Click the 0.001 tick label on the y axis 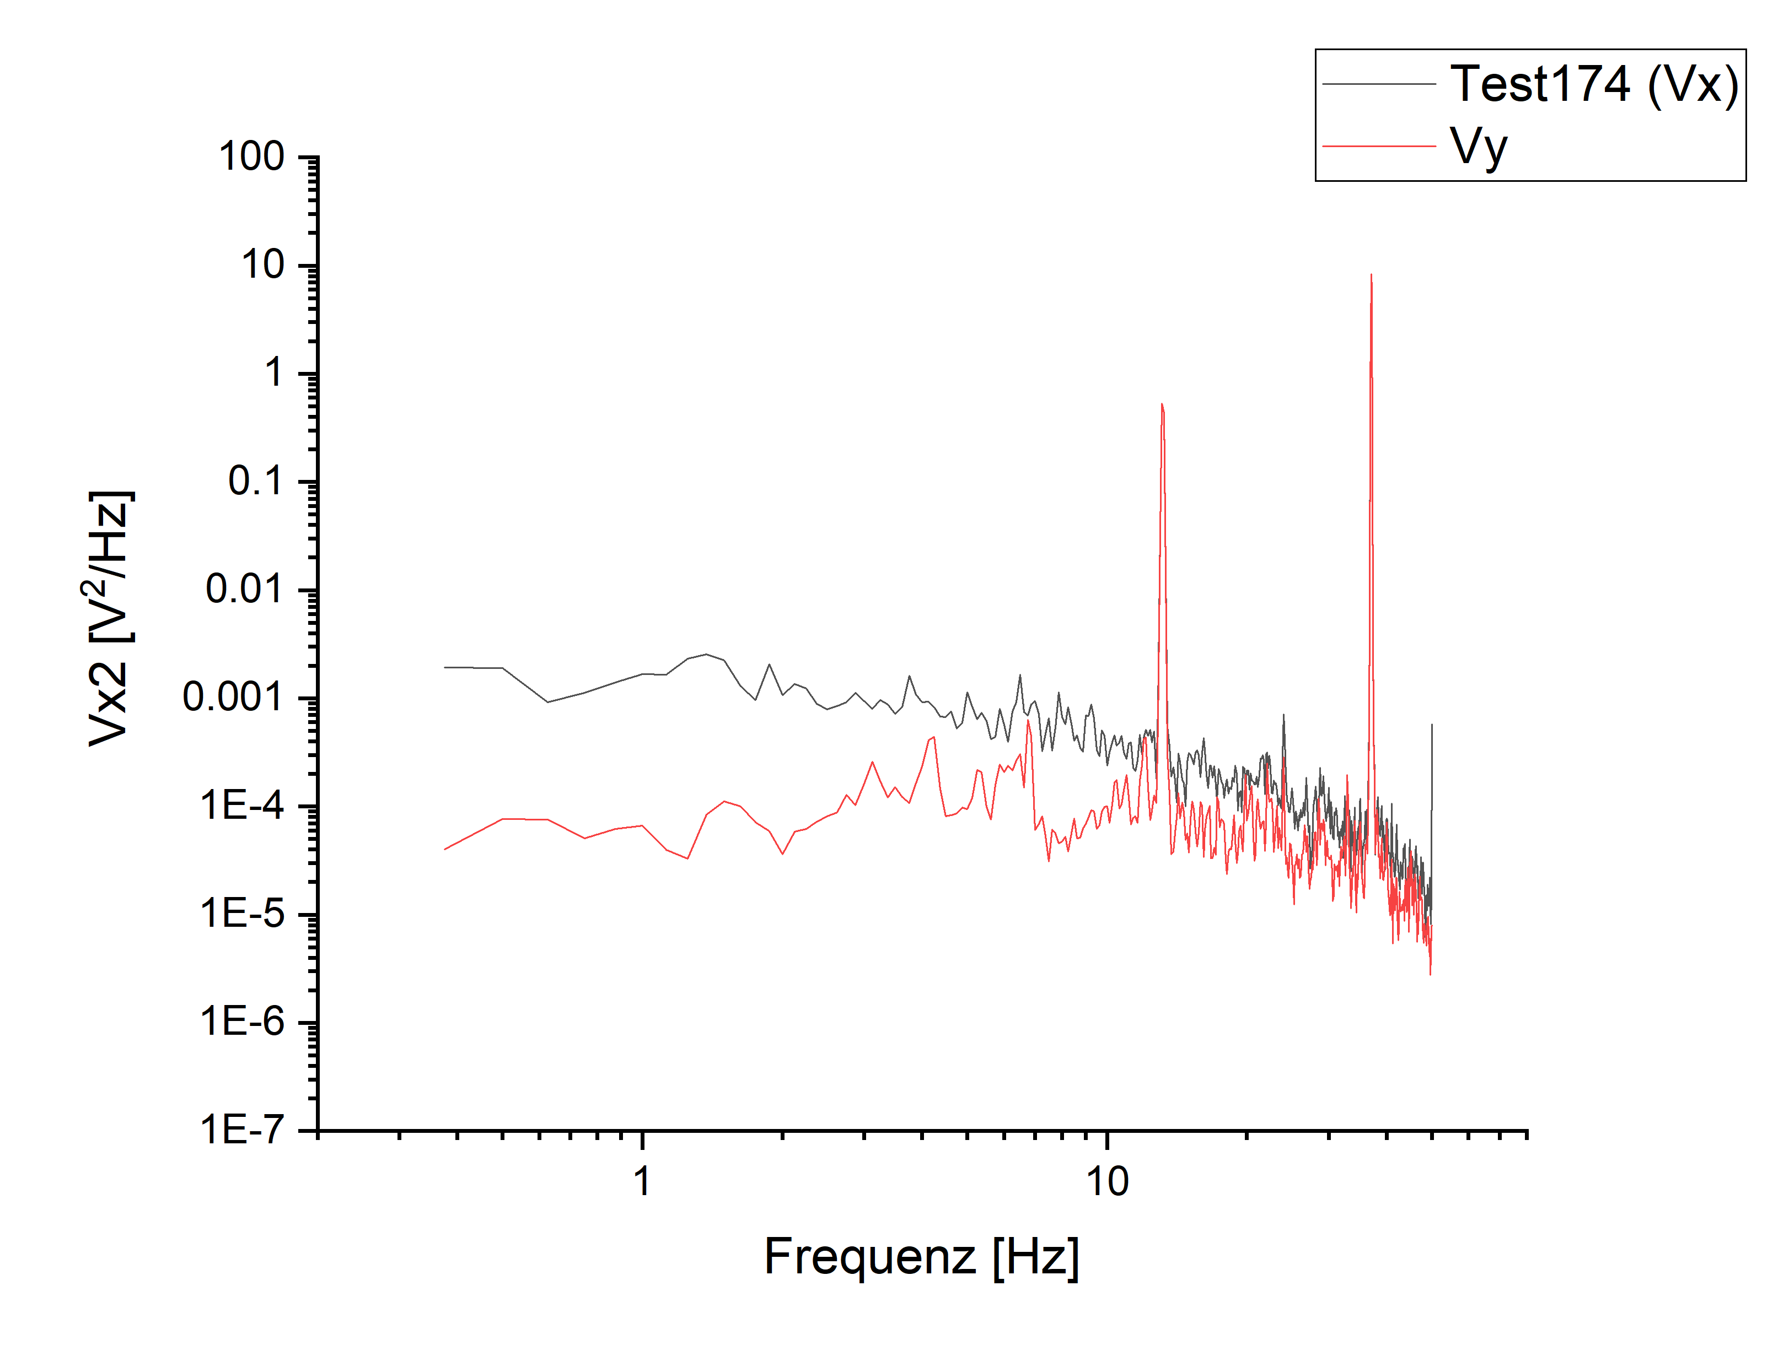[x=233, y=698]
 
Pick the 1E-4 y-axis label [x=241, y=806]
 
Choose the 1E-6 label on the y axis [x=241, y=1022]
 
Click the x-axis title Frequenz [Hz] [x=921, y=1257]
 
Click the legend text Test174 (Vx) [x=1594, y=84]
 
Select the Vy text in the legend [x=1478, y=147]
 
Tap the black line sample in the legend [x=1379, y=84]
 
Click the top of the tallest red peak [x=1371, y=276]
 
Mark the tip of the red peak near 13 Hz [x=1162, y=404]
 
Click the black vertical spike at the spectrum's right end [x=1432, y=726]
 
